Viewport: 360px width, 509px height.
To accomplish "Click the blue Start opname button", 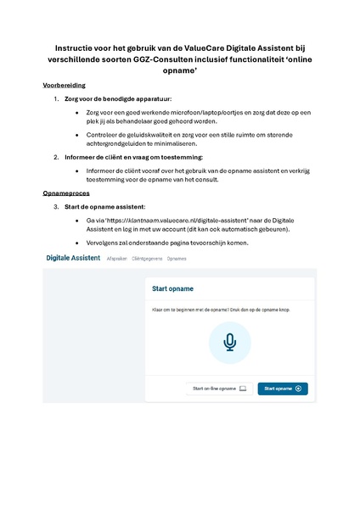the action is click(283, 389).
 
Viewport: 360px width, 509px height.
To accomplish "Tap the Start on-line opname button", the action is click(218, 389).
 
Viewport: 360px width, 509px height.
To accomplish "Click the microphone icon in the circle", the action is click(229, 342).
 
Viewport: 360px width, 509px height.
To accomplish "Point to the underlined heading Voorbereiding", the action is click(64, 86).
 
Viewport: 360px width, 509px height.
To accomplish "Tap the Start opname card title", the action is click(170, 289).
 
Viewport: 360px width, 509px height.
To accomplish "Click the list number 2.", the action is click(56, 157).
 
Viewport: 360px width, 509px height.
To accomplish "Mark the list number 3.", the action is click(56, 207).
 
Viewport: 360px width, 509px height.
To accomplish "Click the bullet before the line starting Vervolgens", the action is click(78, 243).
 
